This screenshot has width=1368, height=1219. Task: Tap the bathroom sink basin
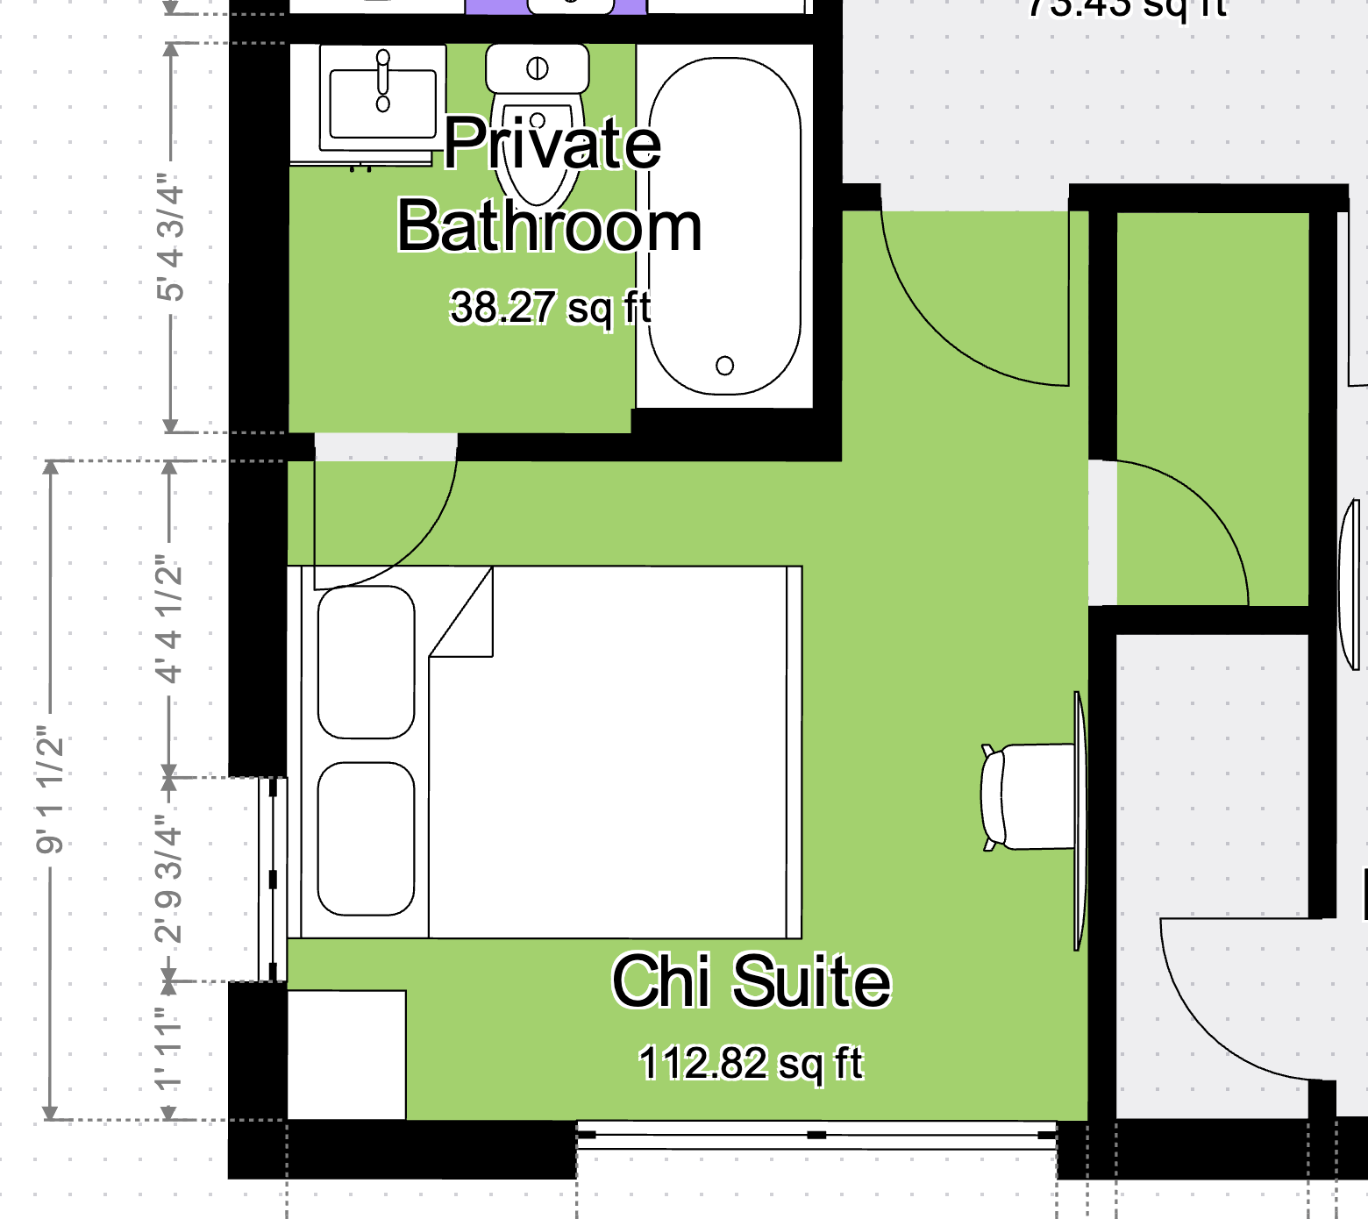point(382,103)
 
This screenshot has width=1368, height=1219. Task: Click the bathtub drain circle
point(724,366)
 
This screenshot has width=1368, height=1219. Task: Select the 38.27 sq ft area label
point(550,308)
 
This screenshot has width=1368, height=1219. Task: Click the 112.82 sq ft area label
point(751,1063)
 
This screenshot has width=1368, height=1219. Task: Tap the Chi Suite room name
point(751,981)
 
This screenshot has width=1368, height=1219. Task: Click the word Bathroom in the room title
point(549,226)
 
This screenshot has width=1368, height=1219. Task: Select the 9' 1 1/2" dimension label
point(50,789)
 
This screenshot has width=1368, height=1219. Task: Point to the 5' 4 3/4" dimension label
point(171,237)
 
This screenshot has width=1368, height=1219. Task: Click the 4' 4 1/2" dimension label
point(169,619)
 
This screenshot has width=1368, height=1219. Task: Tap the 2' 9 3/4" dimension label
point(169,879)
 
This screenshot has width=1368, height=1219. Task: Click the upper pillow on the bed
point(366,662)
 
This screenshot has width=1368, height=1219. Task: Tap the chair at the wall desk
point(1026,796)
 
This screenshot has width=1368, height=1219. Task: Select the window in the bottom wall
point(816,1135)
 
